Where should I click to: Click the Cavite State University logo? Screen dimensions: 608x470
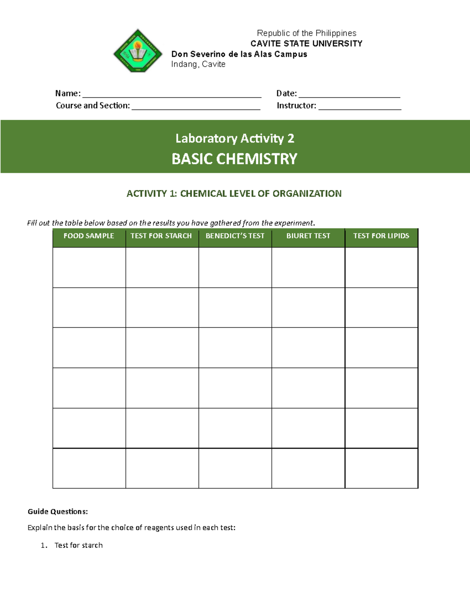point(137,51)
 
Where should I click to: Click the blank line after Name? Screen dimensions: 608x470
point(172,94)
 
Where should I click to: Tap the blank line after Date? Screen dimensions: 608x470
point(349,94)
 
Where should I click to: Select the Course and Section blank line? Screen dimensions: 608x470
point(196,106)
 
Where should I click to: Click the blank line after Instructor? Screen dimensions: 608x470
point(360,106)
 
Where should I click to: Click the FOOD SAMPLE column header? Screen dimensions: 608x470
point(89,236)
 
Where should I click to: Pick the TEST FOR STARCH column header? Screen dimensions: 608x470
point(161,236)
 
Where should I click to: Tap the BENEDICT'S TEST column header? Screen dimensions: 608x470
point(235,236)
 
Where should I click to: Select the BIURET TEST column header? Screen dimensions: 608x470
point(308,236)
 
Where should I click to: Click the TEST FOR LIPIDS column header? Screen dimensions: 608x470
point(381,236)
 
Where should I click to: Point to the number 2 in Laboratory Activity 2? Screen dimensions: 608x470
point(291,139)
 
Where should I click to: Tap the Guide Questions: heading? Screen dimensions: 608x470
point(58,512)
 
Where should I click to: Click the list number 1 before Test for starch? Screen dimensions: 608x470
point(43,545)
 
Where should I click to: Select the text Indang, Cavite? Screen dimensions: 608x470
point(198,65)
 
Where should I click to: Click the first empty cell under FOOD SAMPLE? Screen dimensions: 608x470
point(89,268)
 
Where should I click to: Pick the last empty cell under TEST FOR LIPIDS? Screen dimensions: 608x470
point(381,468)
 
